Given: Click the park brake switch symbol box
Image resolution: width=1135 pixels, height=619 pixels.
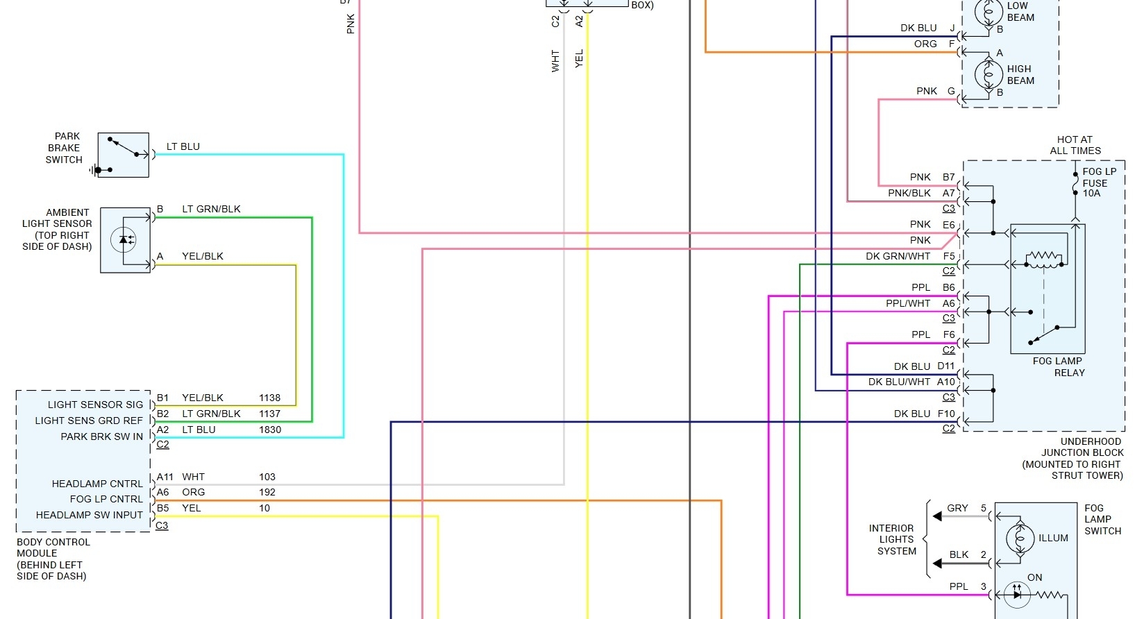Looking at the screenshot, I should pyautogui.click(x=124, y=155).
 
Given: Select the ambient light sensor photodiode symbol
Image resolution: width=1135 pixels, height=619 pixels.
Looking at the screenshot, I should pyautogui.click(x=124, y=240).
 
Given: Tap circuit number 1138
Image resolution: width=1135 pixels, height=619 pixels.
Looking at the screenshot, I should pyautogui.click(x=269, y=398).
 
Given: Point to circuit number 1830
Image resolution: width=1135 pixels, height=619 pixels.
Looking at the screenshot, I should pyautogui.click(x=269, y=430).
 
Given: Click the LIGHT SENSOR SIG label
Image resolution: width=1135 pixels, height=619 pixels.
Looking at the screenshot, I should pyautogui.click(x=95, y=405).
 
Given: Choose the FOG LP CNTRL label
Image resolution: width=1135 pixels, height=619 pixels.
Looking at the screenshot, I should pyautogui.click(x=106, y=499).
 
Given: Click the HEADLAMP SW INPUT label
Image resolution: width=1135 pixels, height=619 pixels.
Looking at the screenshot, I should pyautogui.click(x=90, y=515).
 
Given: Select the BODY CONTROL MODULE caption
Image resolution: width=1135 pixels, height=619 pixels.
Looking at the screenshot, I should pyautogui.click(x=53, y=559).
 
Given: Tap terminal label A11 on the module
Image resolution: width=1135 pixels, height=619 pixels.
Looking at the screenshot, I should pyautogui.click(x=165, y=477).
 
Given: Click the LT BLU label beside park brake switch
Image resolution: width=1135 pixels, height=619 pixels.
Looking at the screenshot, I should pyautogui.click(x=183, y=146).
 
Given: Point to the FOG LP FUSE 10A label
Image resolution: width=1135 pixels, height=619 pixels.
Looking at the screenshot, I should pyautogui.click(x=1099, y=182).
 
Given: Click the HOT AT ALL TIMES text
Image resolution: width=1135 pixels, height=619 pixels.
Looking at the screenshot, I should pyautogui.click(x=1075, y=145).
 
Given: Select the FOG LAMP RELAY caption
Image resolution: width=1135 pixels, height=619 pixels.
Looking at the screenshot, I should pyautogui.click(x=1058, y=366).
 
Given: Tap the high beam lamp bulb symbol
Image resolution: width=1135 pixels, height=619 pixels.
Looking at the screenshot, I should pyautogui.click(x=989, y=74).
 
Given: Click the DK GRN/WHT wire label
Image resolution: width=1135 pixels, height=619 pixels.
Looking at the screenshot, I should pyautogui.click(x=898, y=256).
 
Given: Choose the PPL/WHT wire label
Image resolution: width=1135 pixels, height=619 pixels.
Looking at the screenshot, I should pyautogui.click(x=907, y=303).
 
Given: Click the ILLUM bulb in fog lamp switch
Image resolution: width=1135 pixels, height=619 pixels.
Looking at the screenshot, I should pyautogui.click(x=1019, y=538).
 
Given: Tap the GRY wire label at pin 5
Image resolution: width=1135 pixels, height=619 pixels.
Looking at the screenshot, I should pyautogui.click(x=957, y=508).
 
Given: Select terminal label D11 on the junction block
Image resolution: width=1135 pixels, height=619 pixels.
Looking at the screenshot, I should pyautogui.click(x=945, y=366).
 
